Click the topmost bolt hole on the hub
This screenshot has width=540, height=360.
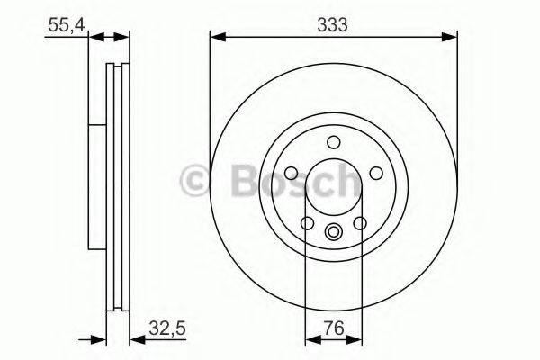(334, 142)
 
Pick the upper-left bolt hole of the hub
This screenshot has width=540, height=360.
(292, 174)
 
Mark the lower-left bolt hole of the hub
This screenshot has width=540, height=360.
(308, 223)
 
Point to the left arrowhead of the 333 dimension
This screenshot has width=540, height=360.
(216, 36)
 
